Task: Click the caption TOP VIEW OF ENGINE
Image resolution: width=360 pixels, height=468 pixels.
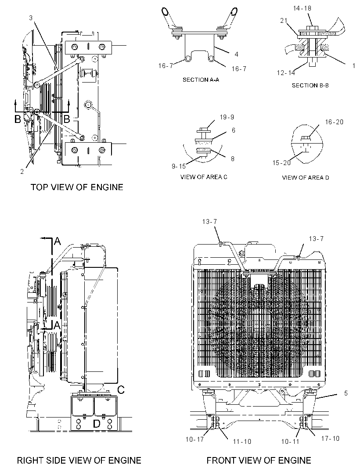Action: point(77,187)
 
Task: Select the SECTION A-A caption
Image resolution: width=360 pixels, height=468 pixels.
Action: point(201,80)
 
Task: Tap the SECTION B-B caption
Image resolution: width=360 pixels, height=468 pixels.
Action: point(310,85)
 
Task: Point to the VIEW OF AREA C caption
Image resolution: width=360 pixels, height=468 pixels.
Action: point(204,177)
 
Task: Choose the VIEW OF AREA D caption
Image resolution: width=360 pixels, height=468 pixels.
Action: point(306,178)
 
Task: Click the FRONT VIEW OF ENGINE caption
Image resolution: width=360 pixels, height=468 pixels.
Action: point(259,461)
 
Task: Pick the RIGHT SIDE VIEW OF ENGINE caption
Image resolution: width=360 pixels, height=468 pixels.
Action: point(79,461)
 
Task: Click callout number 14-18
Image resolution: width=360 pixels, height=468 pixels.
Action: point(302,8)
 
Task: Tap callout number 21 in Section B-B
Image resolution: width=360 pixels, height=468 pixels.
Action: point(284,21)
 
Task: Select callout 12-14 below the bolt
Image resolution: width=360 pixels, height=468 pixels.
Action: point(286,73)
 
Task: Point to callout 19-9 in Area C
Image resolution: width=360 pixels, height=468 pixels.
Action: point(227,117)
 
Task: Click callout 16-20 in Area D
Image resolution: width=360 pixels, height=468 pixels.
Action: point(334,122)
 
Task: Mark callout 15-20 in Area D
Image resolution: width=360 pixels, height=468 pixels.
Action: point(281,163)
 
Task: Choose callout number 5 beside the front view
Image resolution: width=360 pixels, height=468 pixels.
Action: point(346,393)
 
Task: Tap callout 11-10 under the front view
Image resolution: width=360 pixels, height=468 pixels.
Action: point(242,441)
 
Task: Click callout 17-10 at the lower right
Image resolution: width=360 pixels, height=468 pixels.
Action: point(330,439)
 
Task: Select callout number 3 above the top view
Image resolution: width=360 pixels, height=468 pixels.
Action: point(31,18)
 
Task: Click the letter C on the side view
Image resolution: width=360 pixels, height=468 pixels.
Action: point(121,390)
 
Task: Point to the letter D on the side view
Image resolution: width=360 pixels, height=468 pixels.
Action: point(97,424)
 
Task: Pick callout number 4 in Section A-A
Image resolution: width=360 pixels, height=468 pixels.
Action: point(237,54)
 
